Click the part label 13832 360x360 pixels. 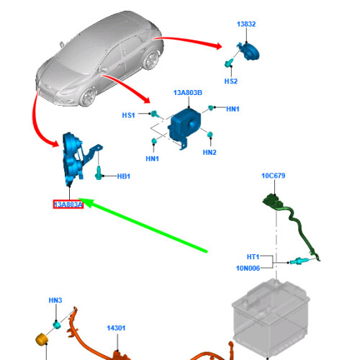coord(246,24)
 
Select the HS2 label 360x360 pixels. coord(231,81)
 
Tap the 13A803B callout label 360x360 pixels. coord(188,93)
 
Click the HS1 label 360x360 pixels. coord(128,115)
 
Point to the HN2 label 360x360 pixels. coord(210,153)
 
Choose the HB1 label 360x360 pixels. coord(124,176)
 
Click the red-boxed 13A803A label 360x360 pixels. coord(68,204)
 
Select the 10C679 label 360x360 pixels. coord(274,176)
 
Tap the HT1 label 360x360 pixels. coord(253,257)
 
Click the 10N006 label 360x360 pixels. coord(248,268)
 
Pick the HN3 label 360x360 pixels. coord(55,300)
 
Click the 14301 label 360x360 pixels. coord(116,328)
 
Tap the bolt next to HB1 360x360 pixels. coord(99,173)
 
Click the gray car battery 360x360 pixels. coord(271,317)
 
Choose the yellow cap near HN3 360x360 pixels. coord(42,339)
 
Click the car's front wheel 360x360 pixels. coord(87,96)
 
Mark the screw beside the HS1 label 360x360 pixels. coord(155,114)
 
